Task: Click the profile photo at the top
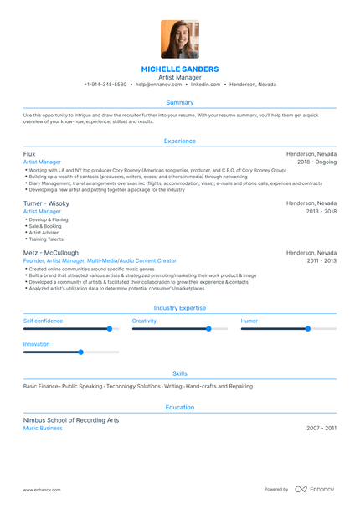pyautogui.click(x=180, y=39)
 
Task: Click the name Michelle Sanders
pyautogui.click(x=180, y=69)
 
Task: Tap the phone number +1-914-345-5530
pyautogui.click(x=105, y=85)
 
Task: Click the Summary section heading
pyautogui.click(x=180, y=102)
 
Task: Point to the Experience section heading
pyautogui.click(x=180, y=141)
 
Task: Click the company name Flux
pyautogui.click(x=29, y=154)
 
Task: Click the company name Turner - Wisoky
pyautogui.click(x=46, y=203)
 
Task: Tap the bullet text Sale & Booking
pyautogui.click(x=44, y=226)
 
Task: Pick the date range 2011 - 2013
pyautogui.click(x=321, y=260)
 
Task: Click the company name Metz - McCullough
pyautogui.click(x=51, y=252)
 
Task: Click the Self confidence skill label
pyautogui.click(x=43, y=321)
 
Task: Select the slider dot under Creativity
pyautogui.click(x=208, y=329)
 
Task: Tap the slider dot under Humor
pyautogui.click(x=307, y=329)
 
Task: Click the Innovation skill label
pyautogui.click(x=36, y=344)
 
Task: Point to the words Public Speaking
pyautogui.click(x=82, y=386)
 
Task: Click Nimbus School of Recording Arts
pyautogui.click(x=71, y=420)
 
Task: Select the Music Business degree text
pyautogui.click(x=43, y=428)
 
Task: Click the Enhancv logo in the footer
pyautogui.click(x=314, y=489)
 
